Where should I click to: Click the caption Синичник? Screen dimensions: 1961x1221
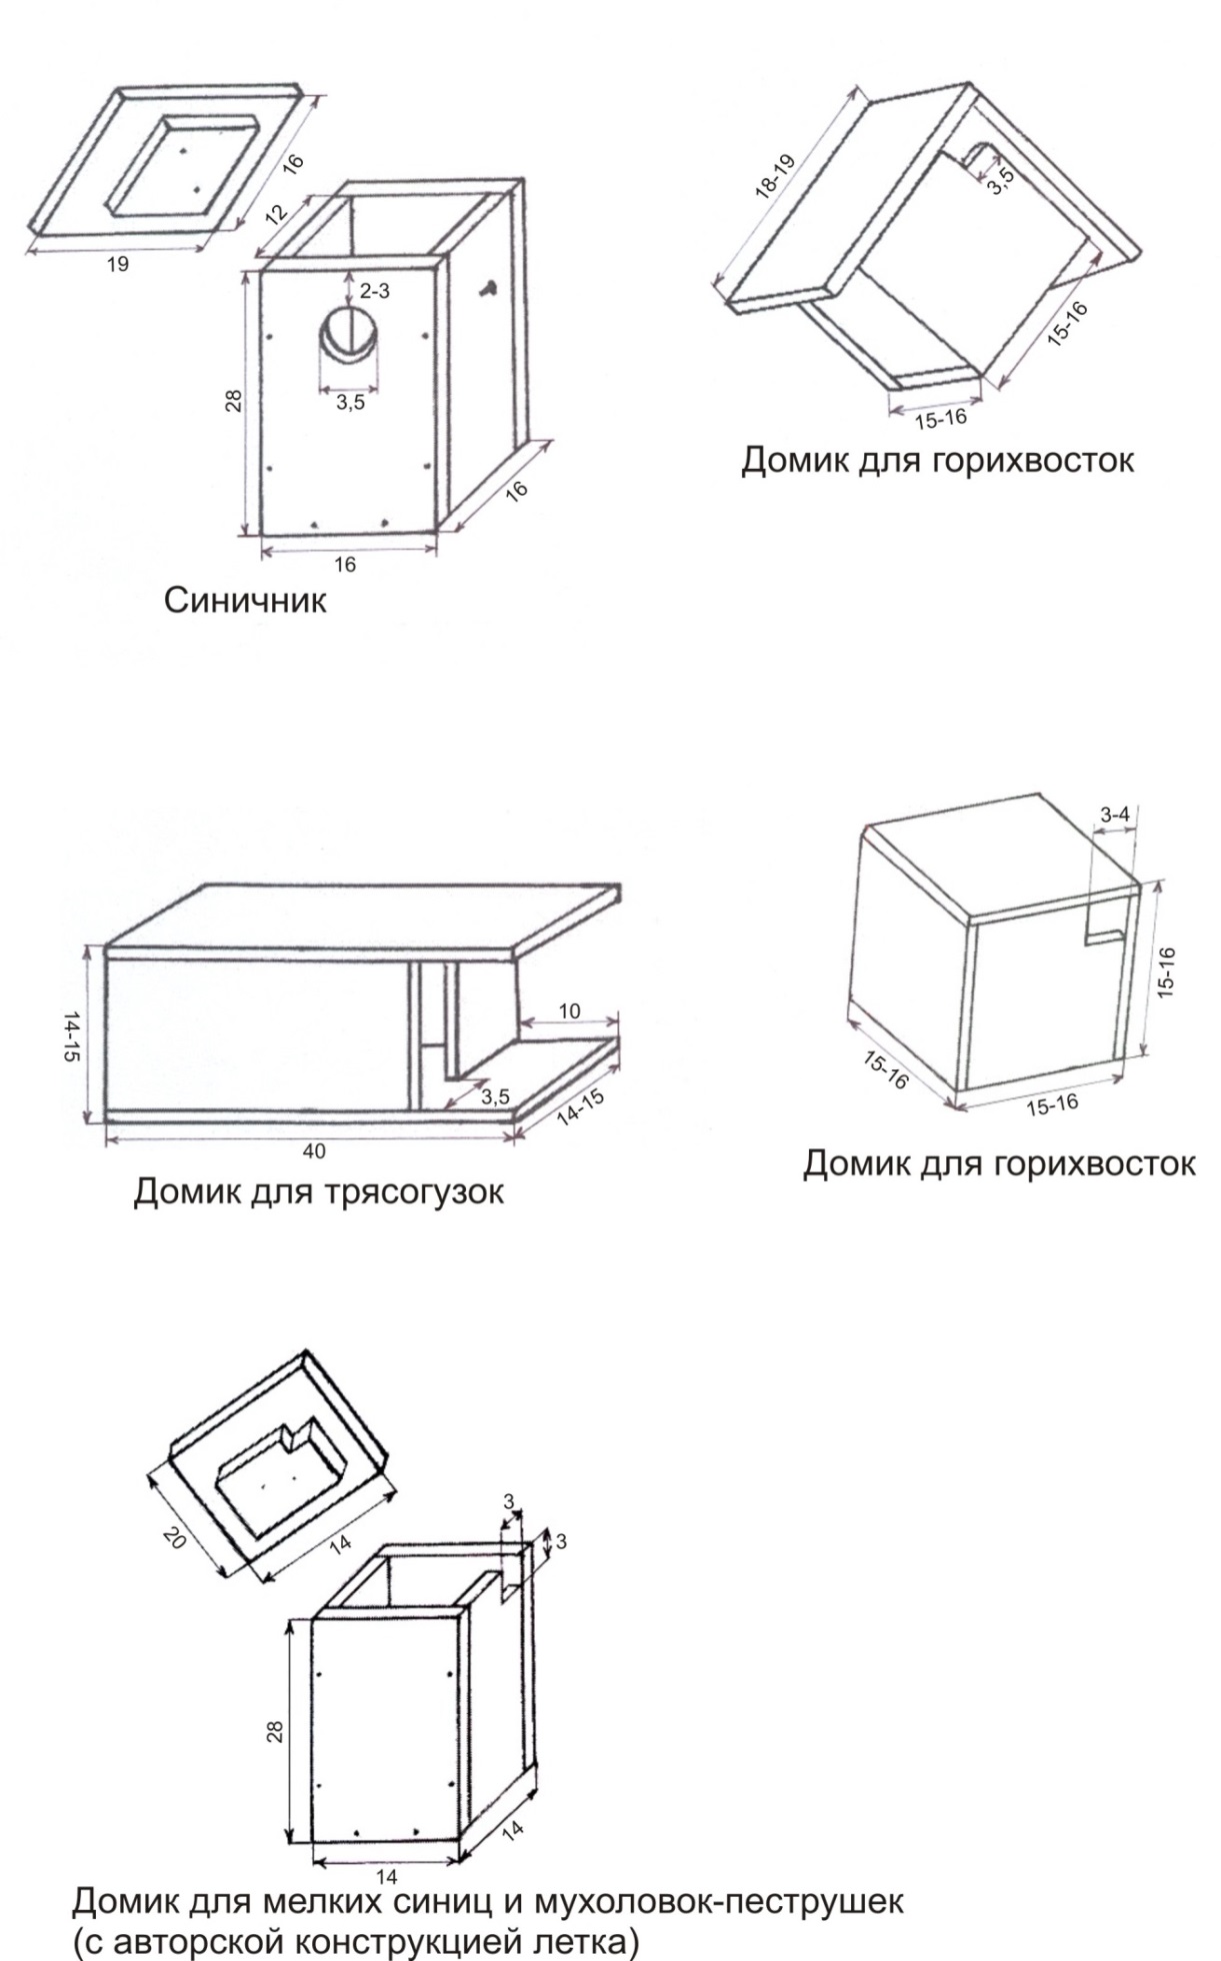[245, 600]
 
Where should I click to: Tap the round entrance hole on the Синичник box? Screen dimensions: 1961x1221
[350, 334]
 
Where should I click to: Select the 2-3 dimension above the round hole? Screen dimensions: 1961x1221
[374, 291]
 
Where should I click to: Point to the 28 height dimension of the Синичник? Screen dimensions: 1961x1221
[233, 401]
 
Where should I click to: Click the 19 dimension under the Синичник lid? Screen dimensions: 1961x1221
[118, 265]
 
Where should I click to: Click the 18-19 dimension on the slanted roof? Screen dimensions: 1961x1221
[774, 178]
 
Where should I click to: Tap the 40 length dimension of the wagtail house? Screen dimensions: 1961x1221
[313, 1151]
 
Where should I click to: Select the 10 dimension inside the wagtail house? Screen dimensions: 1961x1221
[569, 1010]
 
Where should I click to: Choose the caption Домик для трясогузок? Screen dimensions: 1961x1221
[318, 1191]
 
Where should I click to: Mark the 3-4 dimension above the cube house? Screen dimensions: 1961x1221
[1115, 815]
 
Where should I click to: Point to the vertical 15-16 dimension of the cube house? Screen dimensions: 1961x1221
[1166, 971]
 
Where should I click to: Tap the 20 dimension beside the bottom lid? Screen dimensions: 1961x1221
[173, 1540]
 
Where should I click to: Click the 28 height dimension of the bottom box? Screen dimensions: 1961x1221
[275, 1731]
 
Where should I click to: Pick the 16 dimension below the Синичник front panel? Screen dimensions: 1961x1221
[344, 565]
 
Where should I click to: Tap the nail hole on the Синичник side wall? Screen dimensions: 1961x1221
[488, 289]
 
